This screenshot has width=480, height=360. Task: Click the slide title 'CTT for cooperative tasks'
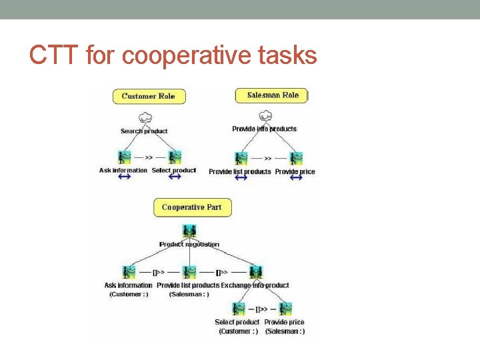click(x=173, y=56)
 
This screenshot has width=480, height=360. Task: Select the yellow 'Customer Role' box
click(x=148, y=96)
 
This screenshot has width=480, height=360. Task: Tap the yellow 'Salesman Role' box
click(x=273, y=95)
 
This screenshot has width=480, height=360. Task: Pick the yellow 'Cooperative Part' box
click(x=191, y=207)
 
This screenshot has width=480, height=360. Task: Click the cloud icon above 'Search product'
click(x=144, y=120)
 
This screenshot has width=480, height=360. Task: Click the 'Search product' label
click(x=144, y=131)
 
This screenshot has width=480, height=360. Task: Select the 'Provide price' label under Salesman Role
click(x=295, y=171)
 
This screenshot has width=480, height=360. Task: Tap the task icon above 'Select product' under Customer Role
click(x=175, y=158)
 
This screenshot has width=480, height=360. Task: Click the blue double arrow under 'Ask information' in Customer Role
click(x=123, y=179)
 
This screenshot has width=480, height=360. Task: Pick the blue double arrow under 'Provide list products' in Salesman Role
click(x=240, y=179)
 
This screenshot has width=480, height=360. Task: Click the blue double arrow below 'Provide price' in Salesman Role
click(x=295, y=179)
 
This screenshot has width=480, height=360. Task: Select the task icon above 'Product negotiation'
click(x=190, y=232)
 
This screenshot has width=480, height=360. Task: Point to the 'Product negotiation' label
click(x=189, y=245)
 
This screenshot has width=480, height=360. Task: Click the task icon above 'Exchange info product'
click(x=255, y=272)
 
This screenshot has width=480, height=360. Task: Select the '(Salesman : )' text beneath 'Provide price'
click(x=285, y=331)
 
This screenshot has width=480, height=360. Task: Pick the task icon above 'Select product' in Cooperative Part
click(x=238, y=309)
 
